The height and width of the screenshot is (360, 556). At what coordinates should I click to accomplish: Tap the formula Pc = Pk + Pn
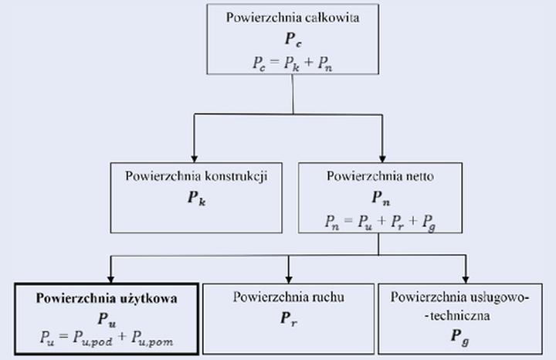coord(291,63)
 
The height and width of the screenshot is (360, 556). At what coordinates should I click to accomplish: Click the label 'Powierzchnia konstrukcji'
coord(195,175)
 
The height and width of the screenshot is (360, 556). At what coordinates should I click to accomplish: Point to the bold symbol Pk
coord(196,197)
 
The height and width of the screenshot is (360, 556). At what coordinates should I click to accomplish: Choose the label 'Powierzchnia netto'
coord(380,175)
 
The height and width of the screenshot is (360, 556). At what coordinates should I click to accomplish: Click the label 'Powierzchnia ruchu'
coord(288,297)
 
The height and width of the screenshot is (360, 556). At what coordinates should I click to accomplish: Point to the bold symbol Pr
coord(288,318)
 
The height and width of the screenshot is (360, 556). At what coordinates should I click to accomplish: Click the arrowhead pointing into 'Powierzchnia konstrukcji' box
coord(193,155)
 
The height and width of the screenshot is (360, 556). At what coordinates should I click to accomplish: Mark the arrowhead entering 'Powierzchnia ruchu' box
coord(288,276)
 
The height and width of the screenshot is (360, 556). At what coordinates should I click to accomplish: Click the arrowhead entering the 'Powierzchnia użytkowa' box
coord(113,276)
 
